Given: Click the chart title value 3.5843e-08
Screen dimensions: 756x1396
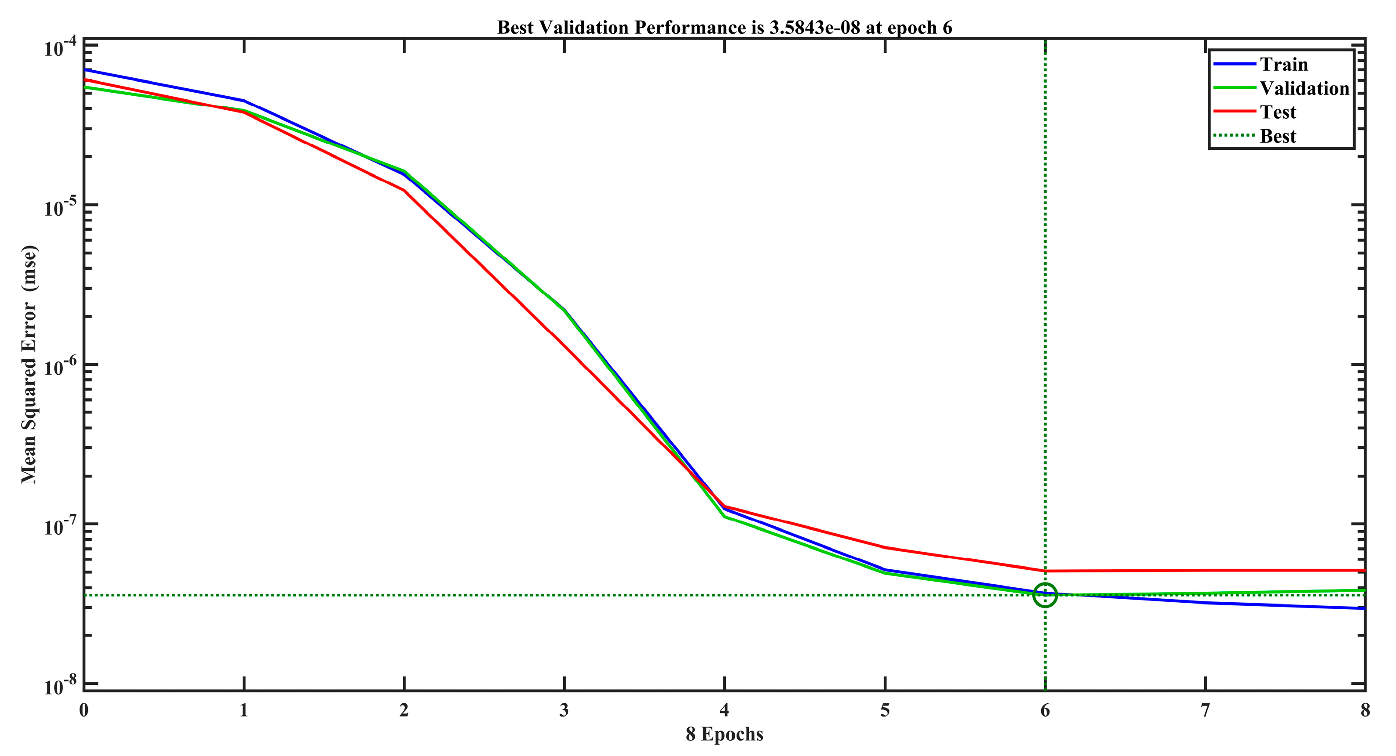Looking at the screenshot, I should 814,28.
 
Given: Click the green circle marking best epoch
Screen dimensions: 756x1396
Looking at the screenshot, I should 1045,595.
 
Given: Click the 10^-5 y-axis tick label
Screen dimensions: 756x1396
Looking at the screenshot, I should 60,208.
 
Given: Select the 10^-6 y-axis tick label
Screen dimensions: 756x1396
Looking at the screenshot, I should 60,368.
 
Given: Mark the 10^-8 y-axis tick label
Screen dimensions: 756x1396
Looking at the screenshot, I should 60,686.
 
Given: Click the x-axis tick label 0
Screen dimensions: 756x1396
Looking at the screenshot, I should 84,710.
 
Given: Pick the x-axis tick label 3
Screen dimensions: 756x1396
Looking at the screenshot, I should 564,710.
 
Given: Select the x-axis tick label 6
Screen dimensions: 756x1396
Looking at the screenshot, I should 1045,710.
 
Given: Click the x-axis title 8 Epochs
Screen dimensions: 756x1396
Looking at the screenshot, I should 724,734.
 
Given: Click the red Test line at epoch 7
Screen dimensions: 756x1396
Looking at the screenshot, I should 1205,570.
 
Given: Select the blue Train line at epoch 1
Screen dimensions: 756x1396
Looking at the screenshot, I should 244,101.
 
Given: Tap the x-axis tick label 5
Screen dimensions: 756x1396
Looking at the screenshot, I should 885,710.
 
